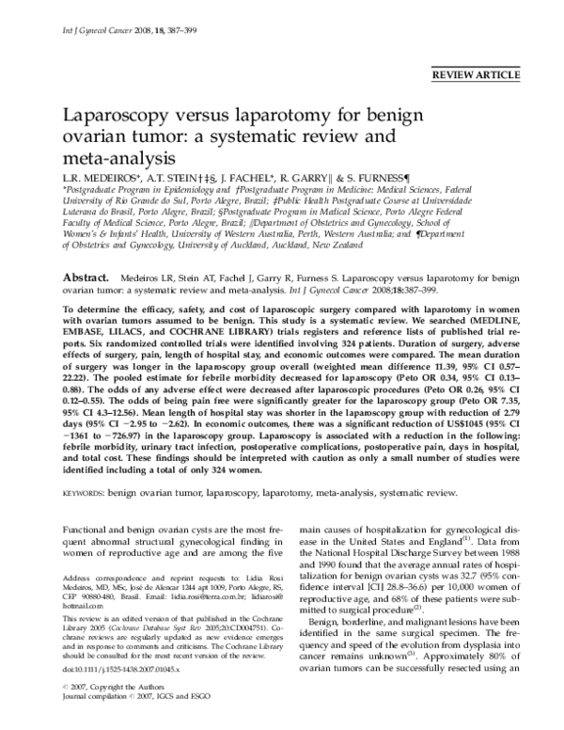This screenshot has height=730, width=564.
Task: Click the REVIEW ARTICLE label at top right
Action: [x=489, y=72]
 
